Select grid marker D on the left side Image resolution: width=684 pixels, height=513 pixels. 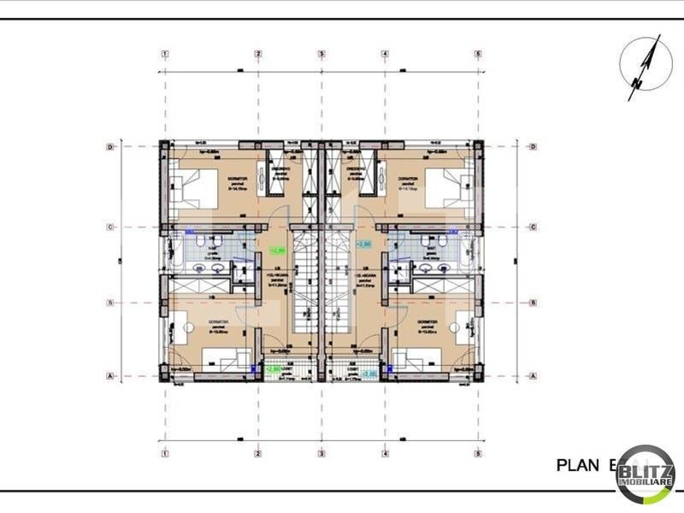pos(111,147)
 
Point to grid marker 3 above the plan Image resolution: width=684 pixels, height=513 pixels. pos(321,54)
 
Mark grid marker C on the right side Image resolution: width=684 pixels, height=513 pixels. pos(533,227)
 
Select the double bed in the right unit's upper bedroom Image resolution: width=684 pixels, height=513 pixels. pos(451,183)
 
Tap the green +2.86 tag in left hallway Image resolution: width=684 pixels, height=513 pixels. pos(278,251)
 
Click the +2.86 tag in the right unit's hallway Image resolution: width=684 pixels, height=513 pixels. pos(363,245)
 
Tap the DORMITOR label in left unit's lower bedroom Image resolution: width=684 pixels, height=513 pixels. pos(221,322)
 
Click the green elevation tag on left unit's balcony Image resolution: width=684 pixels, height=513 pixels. pos(274,369)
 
